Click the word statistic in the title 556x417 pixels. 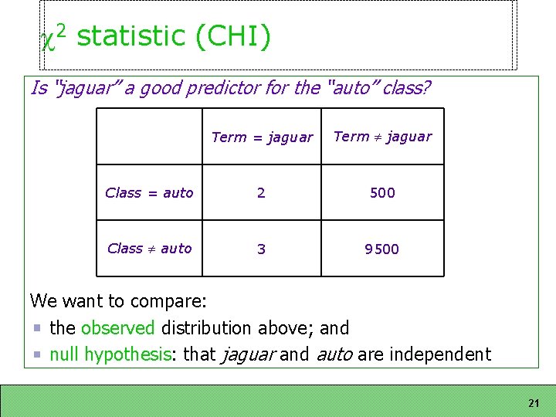click(x=131, y=36)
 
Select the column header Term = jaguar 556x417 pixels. click(x=262, y=137)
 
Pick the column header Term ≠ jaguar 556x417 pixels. click(x=382, y=137)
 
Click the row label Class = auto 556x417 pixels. click(x=149, y=193)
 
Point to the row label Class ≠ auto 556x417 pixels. click(x=149, y=249)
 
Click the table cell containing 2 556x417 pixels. click(x=261, y=193)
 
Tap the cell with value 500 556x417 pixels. click(x=382, y=193)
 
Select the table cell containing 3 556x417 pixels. click(x=261, y=249)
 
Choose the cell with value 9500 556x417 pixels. click(x=382, y=249)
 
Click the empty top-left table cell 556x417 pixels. click(x=149, y=137)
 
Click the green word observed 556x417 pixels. click(x=117, y=328)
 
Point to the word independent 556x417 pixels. click(x=440, y=354)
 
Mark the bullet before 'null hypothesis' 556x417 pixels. click(x=39, y=355)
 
